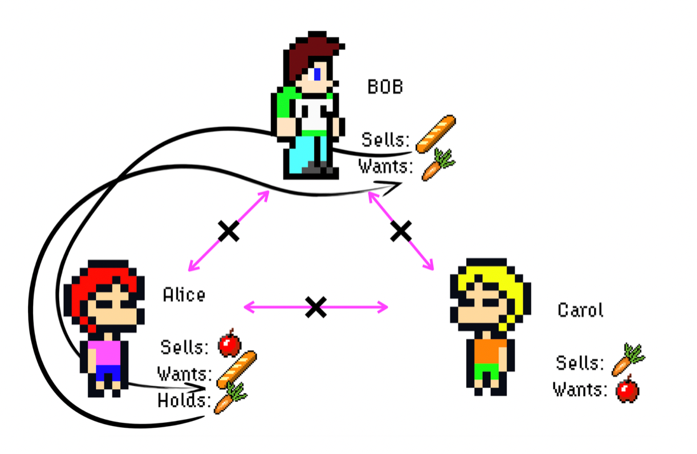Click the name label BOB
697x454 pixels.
pos(385,86)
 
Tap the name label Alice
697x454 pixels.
pos(184,295)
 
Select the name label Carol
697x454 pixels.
pos(580,310)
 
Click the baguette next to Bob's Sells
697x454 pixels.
pos(436,134)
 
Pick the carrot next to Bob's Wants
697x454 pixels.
pos(438,165)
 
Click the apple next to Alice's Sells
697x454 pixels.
pos(229,344)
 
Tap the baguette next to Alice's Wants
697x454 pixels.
pos(237,369)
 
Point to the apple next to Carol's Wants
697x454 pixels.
pos(628,389)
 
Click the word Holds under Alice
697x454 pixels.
pos(185,401)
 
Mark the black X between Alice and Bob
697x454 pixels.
pos(228,231)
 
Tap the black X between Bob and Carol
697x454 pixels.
pos(401,231)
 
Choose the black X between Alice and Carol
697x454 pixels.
pos(315,307)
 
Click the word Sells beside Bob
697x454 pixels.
pos(385,139)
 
